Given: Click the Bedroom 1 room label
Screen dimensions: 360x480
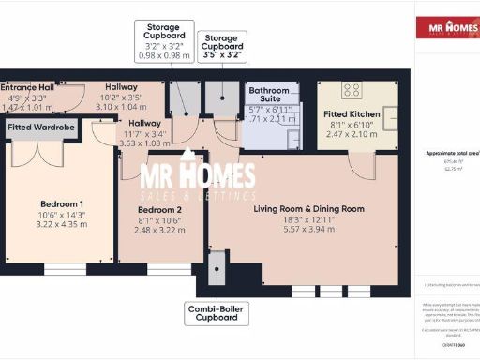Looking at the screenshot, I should pyautogui.click(x=61, y=204).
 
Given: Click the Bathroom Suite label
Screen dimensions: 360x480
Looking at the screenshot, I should pyautogui.click(x=269, y=93).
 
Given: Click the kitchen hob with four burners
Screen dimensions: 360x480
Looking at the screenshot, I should pyautogui.click(x=352, y=90).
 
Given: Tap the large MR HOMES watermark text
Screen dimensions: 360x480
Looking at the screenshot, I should pyautogui.click(x=198, y=176).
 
